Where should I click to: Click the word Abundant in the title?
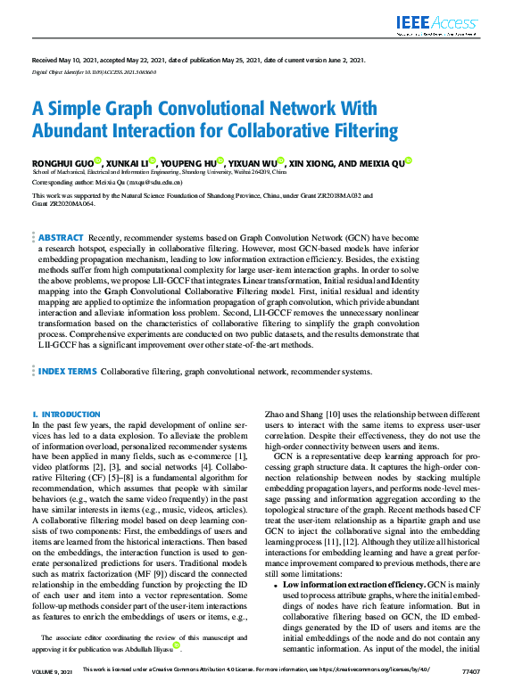click(75, 130)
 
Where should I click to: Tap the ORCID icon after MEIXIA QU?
click(409, 160)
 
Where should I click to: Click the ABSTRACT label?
click(61, 239)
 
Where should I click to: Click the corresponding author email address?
click(135, 182)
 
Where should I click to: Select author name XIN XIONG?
click(315, 163)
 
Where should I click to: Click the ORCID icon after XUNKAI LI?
click(153, 160)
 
